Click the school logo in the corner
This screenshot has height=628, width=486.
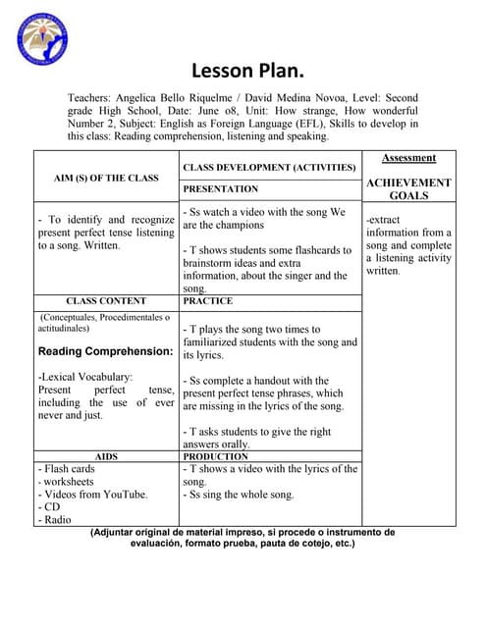42,39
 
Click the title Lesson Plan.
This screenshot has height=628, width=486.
247,70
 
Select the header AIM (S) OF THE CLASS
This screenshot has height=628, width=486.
106,178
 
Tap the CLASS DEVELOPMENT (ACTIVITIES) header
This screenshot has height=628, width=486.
268,168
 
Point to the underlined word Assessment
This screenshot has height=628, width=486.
408,158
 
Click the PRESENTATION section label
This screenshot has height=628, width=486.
221,188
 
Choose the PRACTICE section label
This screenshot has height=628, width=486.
208,301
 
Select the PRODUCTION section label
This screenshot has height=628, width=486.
215,456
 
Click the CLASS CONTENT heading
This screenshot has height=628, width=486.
106,301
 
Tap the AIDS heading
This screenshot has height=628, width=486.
106,456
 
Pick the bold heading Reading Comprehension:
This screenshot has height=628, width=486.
106,350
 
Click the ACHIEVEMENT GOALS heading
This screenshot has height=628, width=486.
408,188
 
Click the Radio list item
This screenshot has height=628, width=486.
57,520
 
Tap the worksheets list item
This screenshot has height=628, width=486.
69,482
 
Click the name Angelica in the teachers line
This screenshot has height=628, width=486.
143,99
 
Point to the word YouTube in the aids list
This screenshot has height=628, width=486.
123,495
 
